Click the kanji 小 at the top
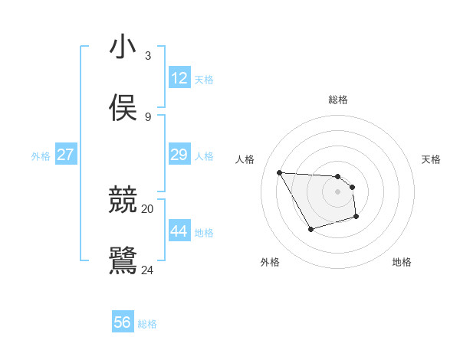(123, 47)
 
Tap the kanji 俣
(123, 108)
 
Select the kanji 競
(123, 200)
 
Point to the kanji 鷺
(123, 260)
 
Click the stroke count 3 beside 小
(147, 55)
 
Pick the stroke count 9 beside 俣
(147, 116)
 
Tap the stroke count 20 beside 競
(148, 208)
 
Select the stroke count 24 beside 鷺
(148, 270)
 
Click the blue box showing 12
(179, 78)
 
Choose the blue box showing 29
(179, 155)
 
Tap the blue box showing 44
(179, 231)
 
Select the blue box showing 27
(66, 155)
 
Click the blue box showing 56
(123, 322)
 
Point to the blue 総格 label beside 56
(147, 324)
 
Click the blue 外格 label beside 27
(41, 156)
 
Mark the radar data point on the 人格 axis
(279, 172)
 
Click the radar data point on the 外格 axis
(310, 229)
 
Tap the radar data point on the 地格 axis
(356, 218)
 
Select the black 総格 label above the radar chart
(338, 100)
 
